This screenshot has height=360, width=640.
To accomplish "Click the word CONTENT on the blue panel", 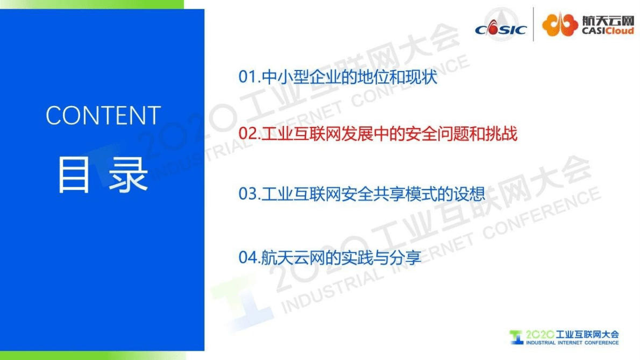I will [x=103, y=116].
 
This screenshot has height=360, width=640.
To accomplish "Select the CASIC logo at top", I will [x=500, y=27].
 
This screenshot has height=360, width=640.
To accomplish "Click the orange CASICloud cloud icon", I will [x=559, y=24].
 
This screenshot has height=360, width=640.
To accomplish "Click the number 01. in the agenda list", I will [x=250, y=77].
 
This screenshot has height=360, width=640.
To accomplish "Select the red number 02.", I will [x=250, y=134].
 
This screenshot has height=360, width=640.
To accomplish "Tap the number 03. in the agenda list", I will [x=250, y=194].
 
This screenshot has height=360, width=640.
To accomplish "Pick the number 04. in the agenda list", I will [x=250, y=257].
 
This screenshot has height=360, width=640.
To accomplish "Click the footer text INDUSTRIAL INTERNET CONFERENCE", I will [x=572, y=343].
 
